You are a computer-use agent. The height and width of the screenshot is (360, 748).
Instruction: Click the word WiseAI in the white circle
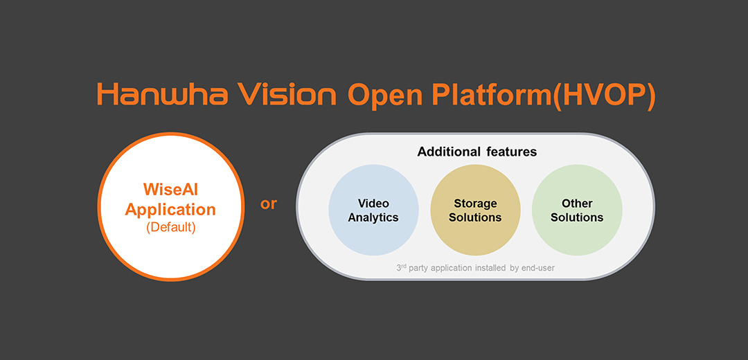point(170,189)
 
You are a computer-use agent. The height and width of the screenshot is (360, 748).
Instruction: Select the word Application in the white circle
point(170,209)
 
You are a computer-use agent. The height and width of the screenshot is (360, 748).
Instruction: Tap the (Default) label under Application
point(170,227)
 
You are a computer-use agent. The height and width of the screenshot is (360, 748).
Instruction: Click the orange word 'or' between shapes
point(269,204)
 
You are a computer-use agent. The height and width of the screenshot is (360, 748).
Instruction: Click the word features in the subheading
point(511,152)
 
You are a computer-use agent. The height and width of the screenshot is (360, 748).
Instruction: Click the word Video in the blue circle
point(373,204)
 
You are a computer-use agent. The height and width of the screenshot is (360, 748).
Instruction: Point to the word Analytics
point(373,217)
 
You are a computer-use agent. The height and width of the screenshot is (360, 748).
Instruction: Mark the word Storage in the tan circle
point(475,204)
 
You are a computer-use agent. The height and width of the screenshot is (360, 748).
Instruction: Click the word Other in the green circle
point(577,204)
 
